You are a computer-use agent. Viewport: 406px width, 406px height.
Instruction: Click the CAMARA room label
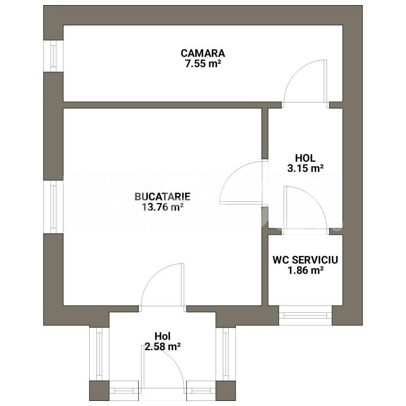pyautogui.click(x=203, y=53)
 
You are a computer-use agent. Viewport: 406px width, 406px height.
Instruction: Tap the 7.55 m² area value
pyautogui.click(x=203, y=64)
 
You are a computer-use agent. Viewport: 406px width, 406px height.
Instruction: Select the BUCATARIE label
pyautogui.click(x=162, y=197)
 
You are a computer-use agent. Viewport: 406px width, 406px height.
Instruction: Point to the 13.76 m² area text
pyautogui.click(x=162, y=207)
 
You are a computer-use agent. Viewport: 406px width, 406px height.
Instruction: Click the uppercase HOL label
pyautogui.click(x=305, y=158)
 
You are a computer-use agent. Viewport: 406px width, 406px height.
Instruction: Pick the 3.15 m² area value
pyautogui.click(x=305, y=168)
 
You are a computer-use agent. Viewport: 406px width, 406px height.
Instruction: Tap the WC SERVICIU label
pyautogui.click(x=305, y=260)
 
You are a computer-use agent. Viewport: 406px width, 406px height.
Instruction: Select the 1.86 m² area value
pyautogui.click(x=306, y=270)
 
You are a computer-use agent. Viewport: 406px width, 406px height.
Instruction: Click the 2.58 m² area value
pyautogui.click(x=162, y=346)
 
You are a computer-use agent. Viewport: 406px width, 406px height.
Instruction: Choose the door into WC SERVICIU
pyautogui.click(x=306, y=208)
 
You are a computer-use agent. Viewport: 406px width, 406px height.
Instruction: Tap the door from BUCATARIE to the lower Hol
pyautogui.click(x=162, y=285)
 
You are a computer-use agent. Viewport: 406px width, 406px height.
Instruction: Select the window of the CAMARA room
pyautogui.click(x=54, y=56)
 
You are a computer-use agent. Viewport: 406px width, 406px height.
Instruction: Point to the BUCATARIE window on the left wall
pyautogui.click(x=54, y=206)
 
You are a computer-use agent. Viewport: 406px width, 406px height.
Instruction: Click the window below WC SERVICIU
pyautogui.click(x=306, y=315)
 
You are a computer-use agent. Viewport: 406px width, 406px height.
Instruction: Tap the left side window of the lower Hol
pyautogui.click(x=99, y=354)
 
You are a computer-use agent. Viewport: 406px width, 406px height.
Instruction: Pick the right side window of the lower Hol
pyautogui.click(x=226, y=354)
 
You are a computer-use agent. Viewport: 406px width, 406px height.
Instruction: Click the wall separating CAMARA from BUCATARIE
pyautogui.click(x=173, y=105)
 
